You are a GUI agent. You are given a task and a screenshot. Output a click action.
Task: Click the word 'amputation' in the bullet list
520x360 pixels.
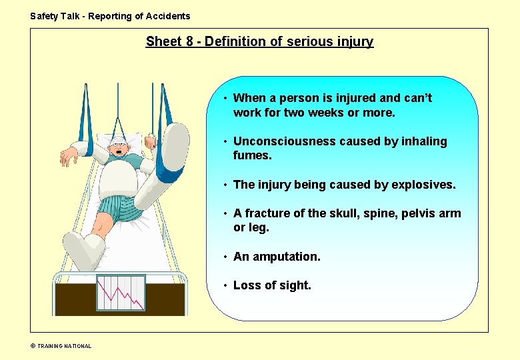point(285,257)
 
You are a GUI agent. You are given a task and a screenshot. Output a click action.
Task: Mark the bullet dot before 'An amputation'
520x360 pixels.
point(227,257)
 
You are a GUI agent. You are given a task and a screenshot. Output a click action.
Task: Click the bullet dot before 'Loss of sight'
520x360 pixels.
point(227,286)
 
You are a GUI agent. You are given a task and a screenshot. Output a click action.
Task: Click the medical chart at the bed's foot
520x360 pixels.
point(121,292)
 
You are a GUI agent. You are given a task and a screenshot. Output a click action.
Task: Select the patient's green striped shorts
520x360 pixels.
point(116,210)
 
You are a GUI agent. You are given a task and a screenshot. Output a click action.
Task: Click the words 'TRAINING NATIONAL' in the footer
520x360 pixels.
point(64,346)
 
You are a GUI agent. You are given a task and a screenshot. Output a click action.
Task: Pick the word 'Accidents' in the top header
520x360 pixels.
point(169,16)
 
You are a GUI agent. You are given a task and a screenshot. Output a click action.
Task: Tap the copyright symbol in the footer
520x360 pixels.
point(33,346)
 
